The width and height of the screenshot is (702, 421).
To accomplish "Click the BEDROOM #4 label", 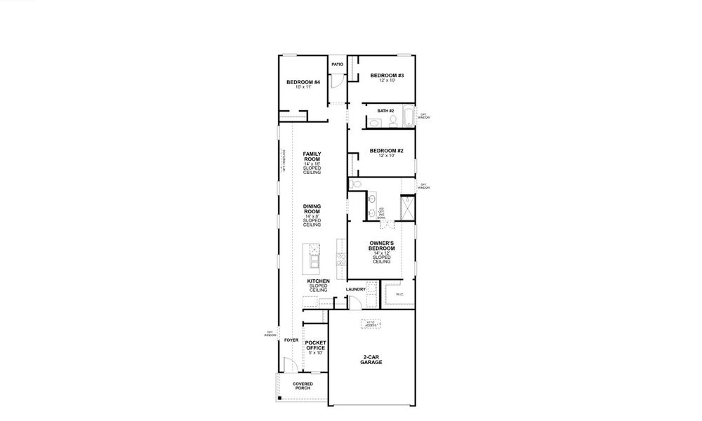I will pos(303,83).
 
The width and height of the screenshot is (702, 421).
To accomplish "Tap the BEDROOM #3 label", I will pos(387,76).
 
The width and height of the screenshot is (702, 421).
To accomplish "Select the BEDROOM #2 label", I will pos(386,151).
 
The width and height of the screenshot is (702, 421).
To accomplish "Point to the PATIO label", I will pos(338,65).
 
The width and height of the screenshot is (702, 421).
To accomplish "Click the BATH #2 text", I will pos(385,111).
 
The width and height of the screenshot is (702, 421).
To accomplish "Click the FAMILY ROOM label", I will pos(312,156).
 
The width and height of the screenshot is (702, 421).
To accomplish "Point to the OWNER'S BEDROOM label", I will pos(382,246).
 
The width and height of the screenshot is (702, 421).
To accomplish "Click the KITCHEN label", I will pos(318,281).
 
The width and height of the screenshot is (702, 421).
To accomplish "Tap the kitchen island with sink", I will pos(312,257).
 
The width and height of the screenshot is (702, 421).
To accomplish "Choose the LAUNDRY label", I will pos(356,289).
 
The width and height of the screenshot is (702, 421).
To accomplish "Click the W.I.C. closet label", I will pos(399,294).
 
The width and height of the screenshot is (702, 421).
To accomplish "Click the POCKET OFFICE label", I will pos(315,347).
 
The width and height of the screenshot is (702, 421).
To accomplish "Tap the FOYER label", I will pos(291,340).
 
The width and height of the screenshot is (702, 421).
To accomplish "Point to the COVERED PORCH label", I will pos(303,386).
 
